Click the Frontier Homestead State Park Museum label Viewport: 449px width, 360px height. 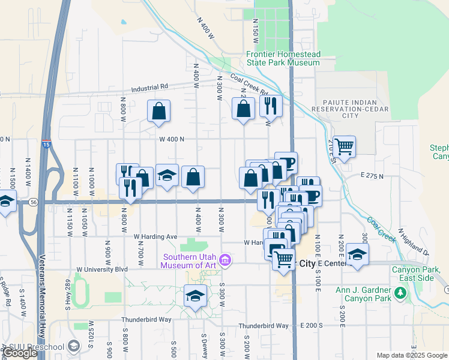point(283,58)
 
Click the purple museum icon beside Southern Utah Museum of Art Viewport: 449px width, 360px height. point(225,260)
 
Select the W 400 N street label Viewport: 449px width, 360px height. point(172,139)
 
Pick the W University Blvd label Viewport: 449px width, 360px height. point(102,269)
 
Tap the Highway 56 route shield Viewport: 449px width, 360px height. point(33,203)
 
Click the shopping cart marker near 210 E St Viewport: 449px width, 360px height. point(344,146)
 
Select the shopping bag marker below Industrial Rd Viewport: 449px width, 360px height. point(158,111)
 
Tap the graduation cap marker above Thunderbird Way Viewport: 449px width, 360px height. point(194,296)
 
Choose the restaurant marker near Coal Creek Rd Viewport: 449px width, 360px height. point(271,106)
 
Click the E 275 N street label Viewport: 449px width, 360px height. point(372,176)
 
